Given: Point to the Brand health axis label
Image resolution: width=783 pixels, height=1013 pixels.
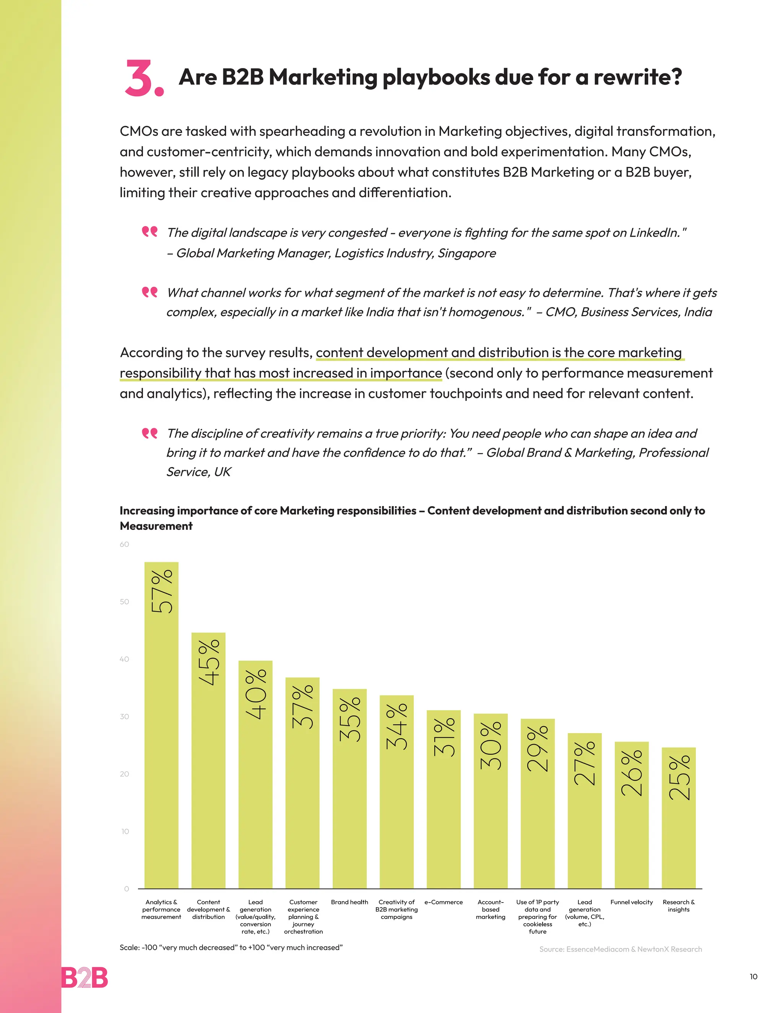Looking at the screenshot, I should (x=349, y=902).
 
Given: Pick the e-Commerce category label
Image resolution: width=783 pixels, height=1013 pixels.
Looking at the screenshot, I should (x=443, y=902).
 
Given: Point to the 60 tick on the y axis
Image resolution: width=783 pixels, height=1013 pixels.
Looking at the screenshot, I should (x=124, y=544).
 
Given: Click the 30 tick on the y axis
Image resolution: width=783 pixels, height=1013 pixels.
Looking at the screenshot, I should (x=124, y=717).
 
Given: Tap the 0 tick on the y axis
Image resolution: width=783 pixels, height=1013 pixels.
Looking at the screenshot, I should (x=126, y=889).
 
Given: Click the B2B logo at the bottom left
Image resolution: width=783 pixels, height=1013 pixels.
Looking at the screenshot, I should (x=84, y=978).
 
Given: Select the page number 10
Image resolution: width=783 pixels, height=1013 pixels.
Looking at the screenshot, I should (x=753, y=977).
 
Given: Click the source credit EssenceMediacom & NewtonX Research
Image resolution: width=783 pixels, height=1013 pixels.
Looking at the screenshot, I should (x=620, y=950).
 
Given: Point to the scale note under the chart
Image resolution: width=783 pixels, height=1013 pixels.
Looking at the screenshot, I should (x=231, y=948).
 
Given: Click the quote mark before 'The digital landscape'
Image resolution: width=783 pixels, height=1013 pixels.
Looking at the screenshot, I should (x=149, y=231).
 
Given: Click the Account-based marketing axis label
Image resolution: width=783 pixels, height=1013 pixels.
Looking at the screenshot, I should (x=490, y=909).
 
